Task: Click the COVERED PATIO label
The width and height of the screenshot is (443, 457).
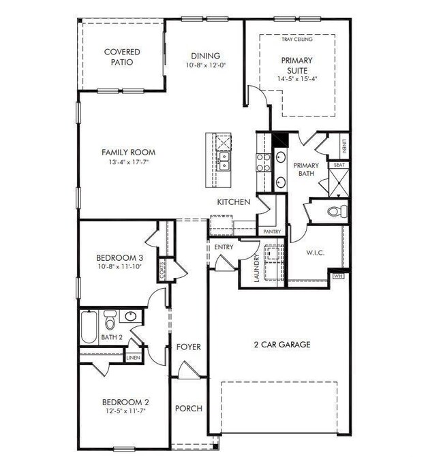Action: tap(122, 57)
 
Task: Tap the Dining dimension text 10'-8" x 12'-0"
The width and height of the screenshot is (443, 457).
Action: tap(205, 65)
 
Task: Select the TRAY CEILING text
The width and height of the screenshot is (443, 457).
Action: tap(297, 40)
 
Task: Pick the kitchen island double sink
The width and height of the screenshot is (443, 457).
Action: tap(223, 161)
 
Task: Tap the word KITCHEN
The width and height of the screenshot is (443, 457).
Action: tap(234, 202)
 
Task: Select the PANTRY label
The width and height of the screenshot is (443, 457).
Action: tap(271, 232)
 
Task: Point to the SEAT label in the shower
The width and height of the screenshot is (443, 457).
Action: tap(339, 166)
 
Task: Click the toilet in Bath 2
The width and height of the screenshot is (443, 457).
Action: tap(110, 319)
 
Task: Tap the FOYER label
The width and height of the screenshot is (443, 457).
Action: tap(189, 347)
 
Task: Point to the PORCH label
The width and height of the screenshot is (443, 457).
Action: tap(189, 409)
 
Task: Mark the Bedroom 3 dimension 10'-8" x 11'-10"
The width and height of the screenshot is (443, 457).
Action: tap(119, 266)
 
